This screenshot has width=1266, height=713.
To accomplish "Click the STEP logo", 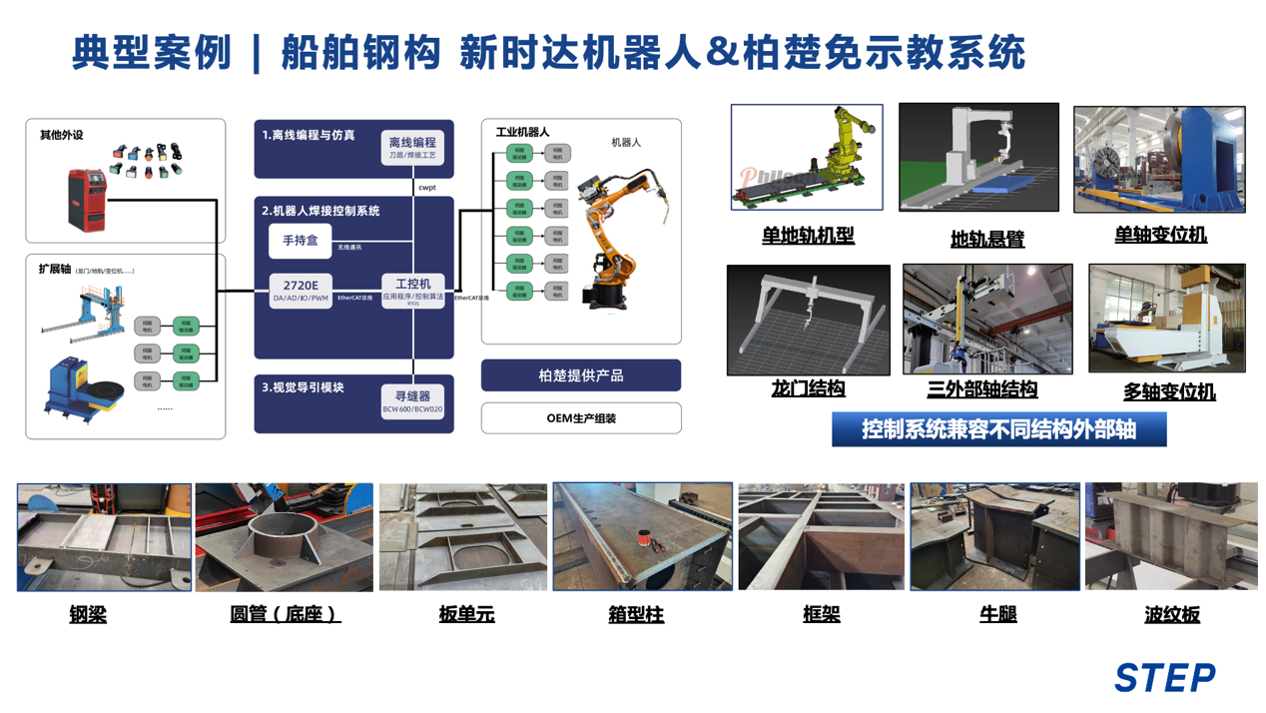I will (x=1164, y=677).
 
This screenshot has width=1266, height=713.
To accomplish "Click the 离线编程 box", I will (x=412, y=148).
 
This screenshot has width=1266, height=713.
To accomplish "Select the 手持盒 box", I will (x=300, y=242).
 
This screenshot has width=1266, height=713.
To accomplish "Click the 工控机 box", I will (x=412, y=291).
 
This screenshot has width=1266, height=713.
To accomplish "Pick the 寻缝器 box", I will (x=412, y=401).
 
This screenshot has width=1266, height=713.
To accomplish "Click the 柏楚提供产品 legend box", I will (x=580, y=375).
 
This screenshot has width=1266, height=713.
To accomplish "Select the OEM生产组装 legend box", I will (x=580, y=418).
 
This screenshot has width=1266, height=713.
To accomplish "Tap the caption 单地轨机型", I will (x=808, y=237).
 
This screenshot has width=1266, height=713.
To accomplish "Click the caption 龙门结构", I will (x=808, y=388).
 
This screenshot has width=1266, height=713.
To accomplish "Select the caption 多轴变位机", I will (x=1169, y=391).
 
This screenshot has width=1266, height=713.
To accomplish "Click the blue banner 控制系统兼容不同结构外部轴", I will (x=998, y=430).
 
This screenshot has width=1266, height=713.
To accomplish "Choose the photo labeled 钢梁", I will (x=104, y=537).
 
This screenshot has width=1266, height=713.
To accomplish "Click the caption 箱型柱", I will (x=636, y=614).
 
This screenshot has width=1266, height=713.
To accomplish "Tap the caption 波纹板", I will (x=1171, y=614).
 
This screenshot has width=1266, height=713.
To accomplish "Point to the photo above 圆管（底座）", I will (x=284, y=537).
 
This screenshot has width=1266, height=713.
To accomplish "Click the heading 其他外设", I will (x=61, y=135).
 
